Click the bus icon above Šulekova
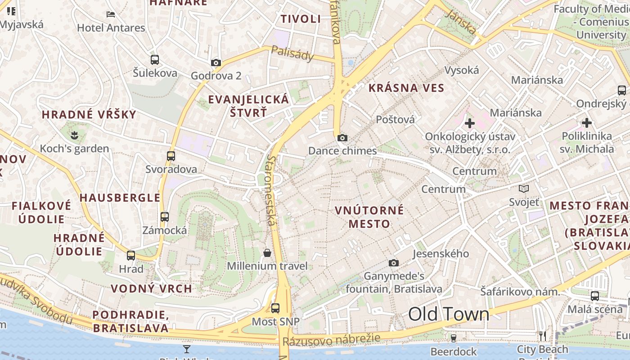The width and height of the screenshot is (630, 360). [155, 60]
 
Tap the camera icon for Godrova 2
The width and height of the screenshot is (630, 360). [216, 63]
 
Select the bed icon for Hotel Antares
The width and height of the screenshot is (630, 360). [111, 14]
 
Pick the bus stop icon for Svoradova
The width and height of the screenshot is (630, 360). [171, 156]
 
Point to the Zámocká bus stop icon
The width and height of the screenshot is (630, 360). [165, 217]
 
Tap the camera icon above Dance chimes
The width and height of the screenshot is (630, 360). [342, 138]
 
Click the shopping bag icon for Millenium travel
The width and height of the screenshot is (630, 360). [267, 253]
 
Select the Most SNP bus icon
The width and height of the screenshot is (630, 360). [275, 308]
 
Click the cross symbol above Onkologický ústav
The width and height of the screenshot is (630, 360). [470, 123]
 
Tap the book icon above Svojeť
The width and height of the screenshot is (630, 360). [524, 189]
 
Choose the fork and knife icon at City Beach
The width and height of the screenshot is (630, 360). [543, 336]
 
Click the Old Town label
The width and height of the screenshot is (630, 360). [448, 314]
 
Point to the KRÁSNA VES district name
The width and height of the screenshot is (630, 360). [406, 88]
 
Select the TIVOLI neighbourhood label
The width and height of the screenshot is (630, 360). [301, 19]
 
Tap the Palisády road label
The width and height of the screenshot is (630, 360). [292, 54]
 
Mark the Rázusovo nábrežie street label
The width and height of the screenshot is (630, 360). [331, 340]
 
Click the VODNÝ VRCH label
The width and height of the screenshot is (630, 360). [151, 289]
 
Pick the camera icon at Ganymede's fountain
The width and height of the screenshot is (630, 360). [394, 263]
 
